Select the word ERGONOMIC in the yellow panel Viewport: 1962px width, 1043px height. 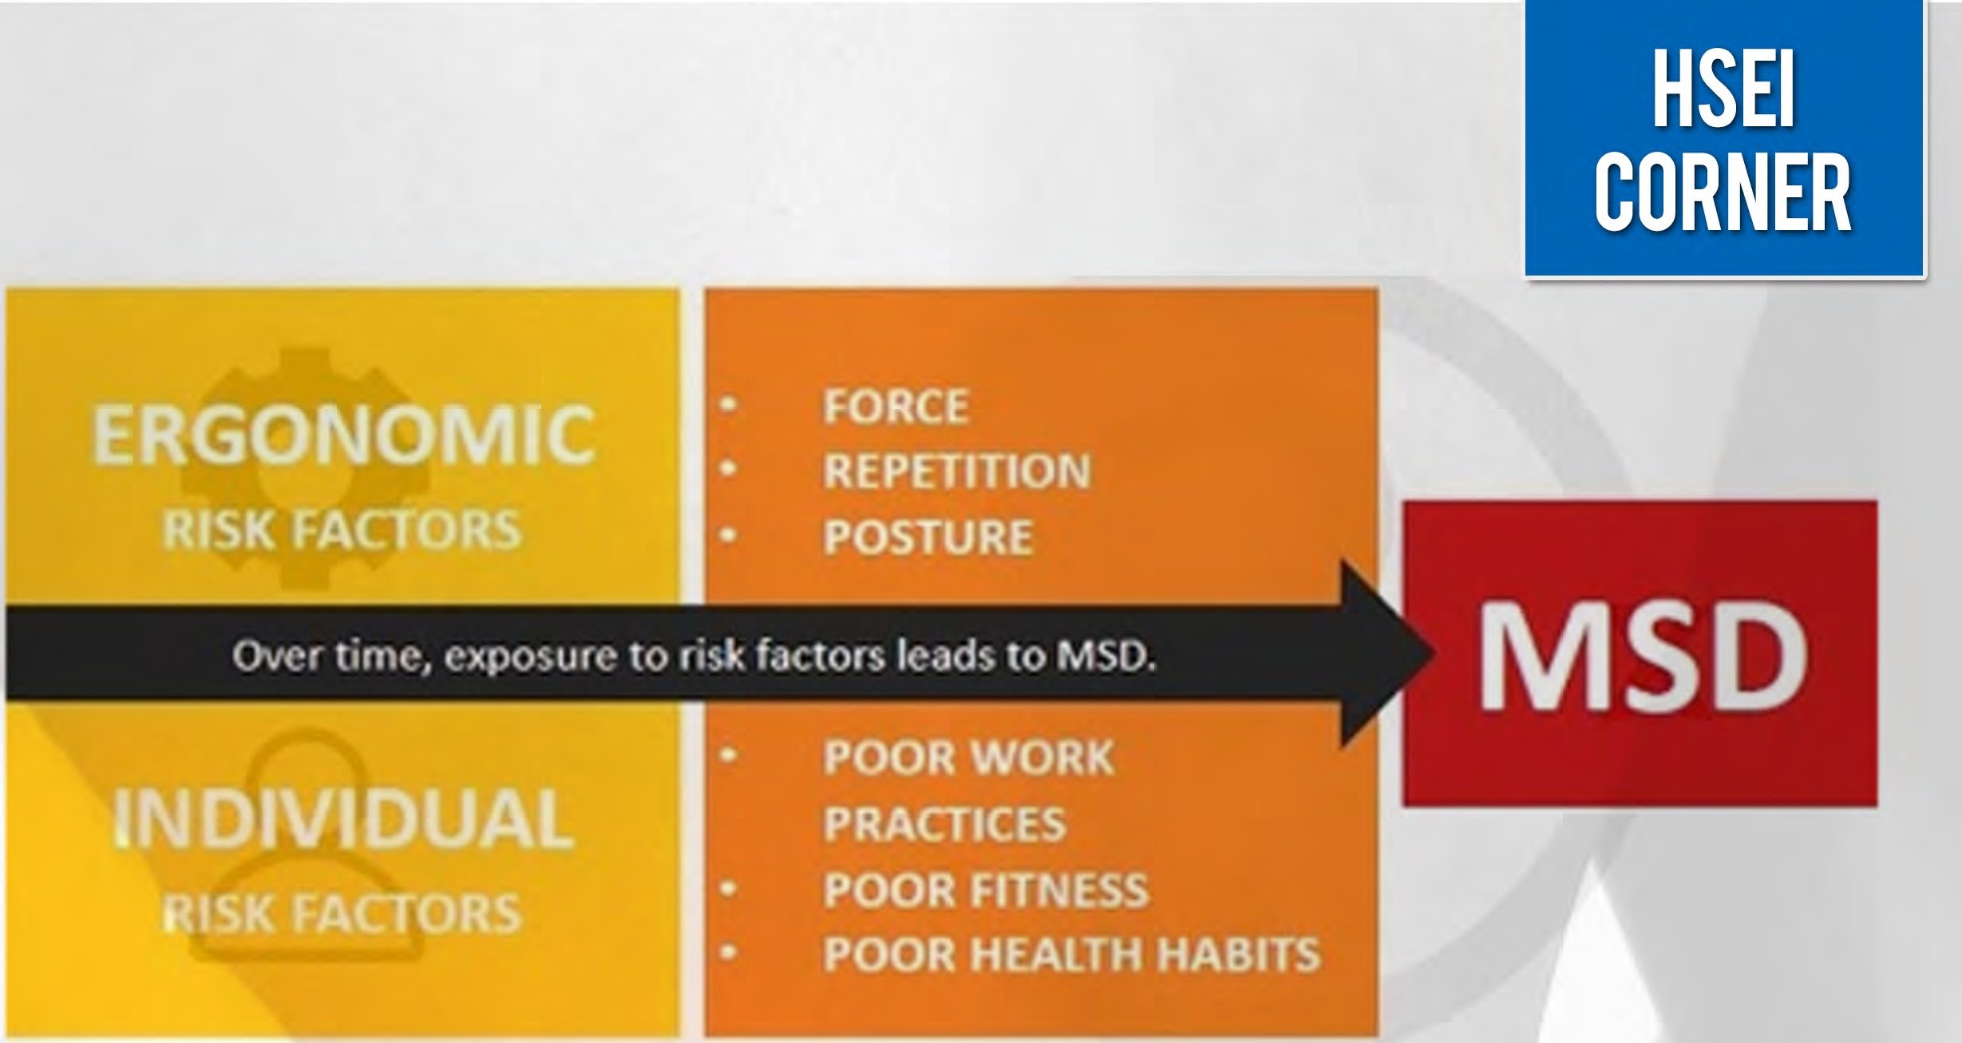[344, 434]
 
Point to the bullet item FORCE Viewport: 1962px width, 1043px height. [896, 406]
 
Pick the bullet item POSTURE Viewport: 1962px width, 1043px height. [928, 537]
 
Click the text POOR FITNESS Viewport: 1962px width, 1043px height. [986, 890]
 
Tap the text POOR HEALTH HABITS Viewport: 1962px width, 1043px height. [1072, 954]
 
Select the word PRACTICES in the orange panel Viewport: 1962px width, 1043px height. [945, 823]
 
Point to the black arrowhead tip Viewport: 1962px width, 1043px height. [1437, 654]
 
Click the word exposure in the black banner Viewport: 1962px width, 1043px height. [528, 656]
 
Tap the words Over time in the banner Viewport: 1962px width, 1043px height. [327, 656]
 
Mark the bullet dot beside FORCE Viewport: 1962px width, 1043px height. [728, 405]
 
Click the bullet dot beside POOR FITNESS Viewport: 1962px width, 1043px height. [728, 888]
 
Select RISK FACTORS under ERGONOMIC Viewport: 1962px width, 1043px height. [342, 529]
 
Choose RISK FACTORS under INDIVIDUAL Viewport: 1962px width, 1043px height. [342, 913]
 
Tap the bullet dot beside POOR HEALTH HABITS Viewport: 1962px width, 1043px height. [728, 953]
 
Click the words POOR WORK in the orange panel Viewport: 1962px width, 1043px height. [969, 757]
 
